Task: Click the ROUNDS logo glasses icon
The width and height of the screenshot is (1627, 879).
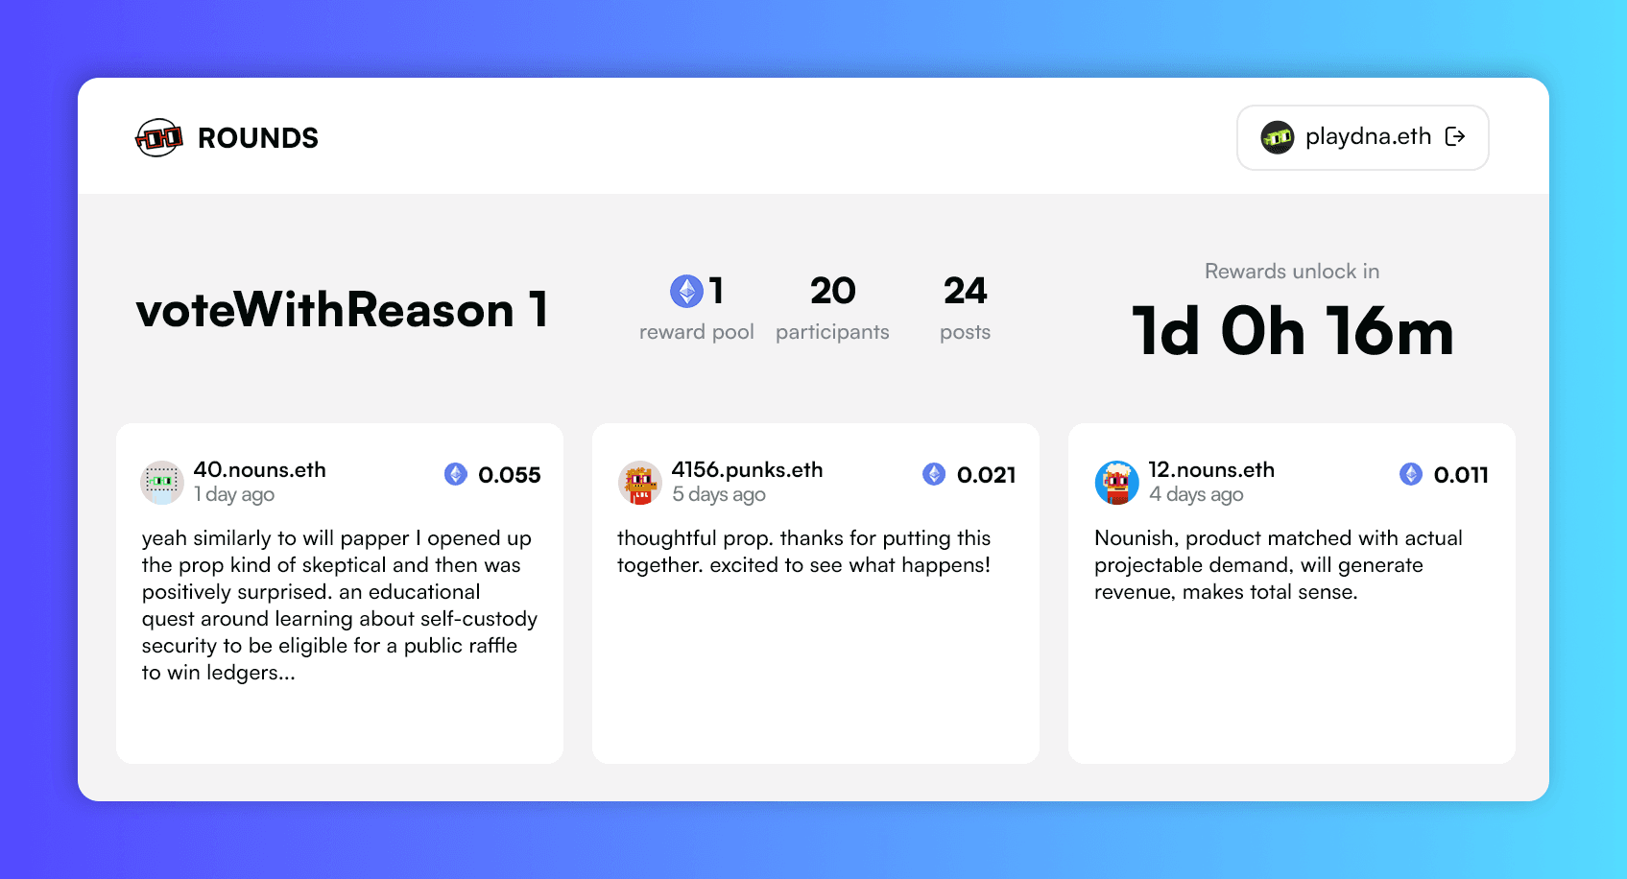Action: [x=158, y=137]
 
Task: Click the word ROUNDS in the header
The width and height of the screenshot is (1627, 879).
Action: [x=258, y=138]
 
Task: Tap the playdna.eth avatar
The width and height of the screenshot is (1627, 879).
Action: [x=1277, y=137]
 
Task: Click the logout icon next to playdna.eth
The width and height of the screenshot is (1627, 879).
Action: [x=1455, y=136]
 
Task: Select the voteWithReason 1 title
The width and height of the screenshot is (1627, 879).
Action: [x=342, y=310]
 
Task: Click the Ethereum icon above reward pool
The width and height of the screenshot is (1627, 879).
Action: [x=686, y=291]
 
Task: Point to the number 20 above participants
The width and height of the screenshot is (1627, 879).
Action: [x=832, y=291]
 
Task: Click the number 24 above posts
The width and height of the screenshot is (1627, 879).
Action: [x=965, y=291]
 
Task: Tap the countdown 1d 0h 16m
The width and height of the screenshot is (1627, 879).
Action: [x=1292, y=332]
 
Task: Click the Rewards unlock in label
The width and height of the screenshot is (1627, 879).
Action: [x=1292, y=271]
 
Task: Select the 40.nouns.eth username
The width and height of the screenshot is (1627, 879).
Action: [x=259, y=469]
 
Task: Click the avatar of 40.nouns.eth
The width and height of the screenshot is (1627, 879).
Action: [x=162, y=482]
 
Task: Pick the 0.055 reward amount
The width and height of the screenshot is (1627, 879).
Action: [x=509, y=475]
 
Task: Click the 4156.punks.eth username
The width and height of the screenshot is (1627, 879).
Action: [x=747, y=469]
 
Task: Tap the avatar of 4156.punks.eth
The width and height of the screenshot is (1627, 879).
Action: [x=640, y=482]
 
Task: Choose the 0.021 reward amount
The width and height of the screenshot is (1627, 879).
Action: [x=987, y=475]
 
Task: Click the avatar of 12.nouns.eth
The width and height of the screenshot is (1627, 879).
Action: [x=1116, y=482]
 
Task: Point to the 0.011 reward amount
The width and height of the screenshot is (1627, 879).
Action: [x=1461, y=475]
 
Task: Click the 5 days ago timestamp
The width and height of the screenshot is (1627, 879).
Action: [x=718, y=494]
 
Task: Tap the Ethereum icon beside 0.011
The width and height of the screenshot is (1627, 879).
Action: [x=1411, y=474]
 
